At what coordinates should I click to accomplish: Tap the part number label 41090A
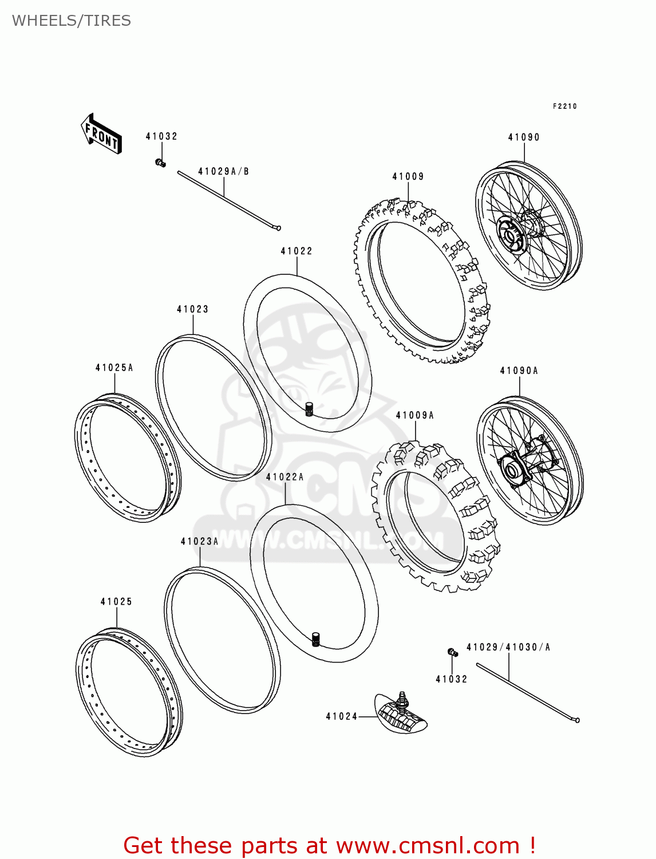click(519, 371)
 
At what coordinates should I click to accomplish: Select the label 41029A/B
click(223, 171)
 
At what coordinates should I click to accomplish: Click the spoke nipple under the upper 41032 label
click(161, 163)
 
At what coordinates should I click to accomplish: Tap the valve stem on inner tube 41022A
click(315, 639)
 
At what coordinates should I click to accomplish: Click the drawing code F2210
click(564, 107)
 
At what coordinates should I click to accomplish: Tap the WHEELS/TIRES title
click(72, 21)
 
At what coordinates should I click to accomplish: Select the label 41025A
click(114, 368)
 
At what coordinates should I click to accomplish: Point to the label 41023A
click(199, 541)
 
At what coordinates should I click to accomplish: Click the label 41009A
click(414, 415)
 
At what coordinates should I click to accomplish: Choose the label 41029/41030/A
click(508, 647)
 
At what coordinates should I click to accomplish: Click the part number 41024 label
click(341, 716)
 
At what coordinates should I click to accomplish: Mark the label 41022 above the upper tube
click(297, 251)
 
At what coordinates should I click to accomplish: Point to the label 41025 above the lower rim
click(116, 601)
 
